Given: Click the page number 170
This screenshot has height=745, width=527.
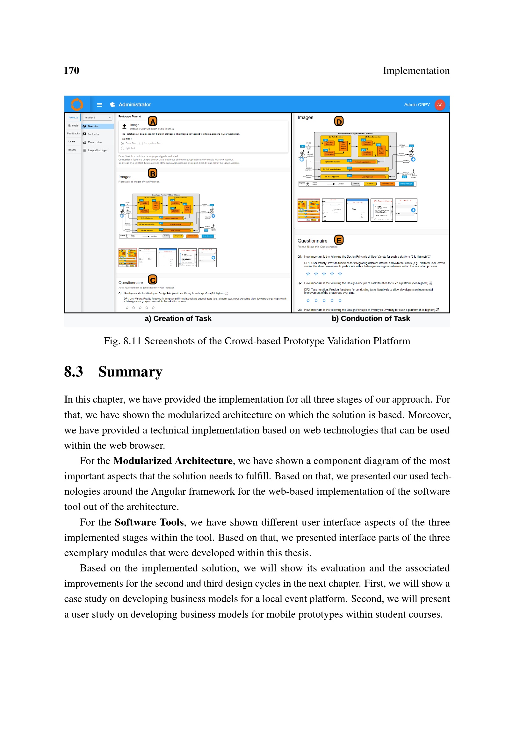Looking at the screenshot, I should click(71, 70).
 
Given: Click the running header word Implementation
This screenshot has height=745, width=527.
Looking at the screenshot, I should click(416, 70).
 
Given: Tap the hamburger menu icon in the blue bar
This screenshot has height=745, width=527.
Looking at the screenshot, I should click(100, 105).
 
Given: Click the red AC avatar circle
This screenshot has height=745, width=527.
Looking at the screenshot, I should click(440, 105).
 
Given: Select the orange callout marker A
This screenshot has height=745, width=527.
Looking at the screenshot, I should click(153, 121).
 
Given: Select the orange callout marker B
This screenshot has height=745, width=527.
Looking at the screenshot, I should click(153, 173).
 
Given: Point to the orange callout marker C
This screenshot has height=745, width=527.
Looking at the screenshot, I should click(153, 279).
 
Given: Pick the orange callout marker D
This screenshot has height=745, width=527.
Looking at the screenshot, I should click(339, 121).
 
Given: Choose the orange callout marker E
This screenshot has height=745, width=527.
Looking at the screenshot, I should click(339, 240).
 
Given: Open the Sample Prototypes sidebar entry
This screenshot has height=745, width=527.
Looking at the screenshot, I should click(97, 150).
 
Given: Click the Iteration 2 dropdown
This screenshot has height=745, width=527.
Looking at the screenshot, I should click(97, 118).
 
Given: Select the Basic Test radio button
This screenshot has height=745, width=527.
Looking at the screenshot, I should click(123, 143).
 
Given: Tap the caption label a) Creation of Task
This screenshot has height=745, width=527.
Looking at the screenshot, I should click(178, 319).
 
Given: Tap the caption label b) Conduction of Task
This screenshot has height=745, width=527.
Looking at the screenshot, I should click(371, 319).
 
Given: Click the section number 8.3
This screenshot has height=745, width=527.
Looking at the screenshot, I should click(73, 372).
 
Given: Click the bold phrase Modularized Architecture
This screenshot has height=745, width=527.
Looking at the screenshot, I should click(173, 461).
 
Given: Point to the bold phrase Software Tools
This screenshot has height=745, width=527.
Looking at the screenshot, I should click(149, 522).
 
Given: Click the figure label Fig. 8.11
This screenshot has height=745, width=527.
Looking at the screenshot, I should click(122, 341).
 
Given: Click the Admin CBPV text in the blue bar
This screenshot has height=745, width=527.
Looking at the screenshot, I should click(417, 105).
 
